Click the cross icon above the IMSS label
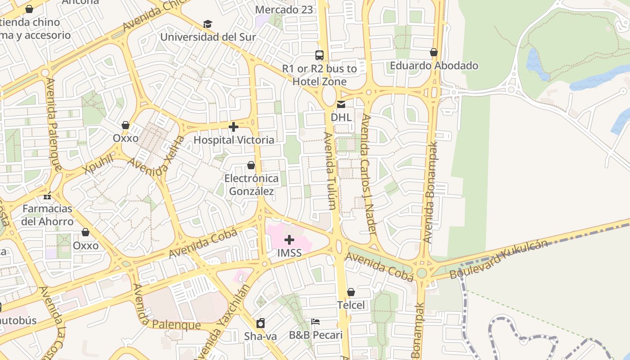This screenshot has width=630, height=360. coord(289,240)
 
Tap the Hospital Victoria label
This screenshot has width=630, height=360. coord(234,140)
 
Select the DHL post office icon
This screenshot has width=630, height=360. coord(341,104)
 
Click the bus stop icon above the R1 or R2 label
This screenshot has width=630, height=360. coord(319,55)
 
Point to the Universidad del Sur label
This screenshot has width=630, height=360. coord(208,37)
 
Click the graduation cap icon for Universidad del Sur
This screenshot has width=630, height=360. coord(207,24)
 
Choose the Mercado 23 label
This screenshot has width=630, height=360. coord(283,9)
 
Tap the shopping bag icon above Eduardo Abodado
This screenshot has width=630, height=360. coord(434,53)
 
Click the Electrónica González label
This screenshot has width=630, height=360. coord(252,185)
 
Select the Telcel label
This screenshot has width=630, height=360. coord(351,305)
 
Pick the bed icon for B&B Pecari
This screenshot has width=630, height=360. coord(315,322)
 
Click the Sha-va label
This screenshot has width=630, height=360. coord(260,336)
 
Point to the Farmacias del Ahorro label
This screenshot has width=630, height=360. coord(47,215)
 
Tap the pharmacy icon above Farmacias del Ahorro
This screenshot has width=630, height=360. coord(47,196)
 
